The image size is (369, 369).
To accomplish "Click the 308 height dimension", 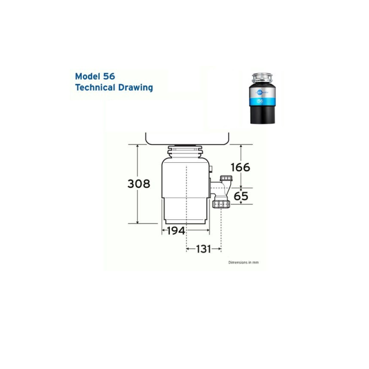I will coord(139,183).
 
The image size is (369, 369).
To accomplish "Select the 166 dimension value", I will coord(240,167).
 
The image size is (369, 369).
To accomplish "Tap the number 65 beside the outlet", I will coord(241,197).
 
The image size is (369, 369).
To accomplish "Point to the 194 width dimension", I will coord(176,231).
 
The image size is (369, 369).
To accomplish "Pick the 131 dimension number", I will coord(203,249).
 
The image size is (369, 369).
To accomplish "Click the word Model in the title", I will coord(88,76).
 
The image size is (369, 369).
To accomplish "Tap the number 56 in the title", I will coord(109,76).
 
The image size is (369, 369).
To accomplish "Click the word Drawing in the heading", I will coord(137,88).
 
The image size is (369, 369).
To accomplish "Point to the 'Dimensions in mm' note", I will coord(243,262).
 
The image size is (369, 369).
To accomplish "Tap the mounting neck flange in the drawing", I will coord(187,150).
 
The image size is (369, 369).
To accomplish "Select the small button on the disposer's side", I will coord(211,170).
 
